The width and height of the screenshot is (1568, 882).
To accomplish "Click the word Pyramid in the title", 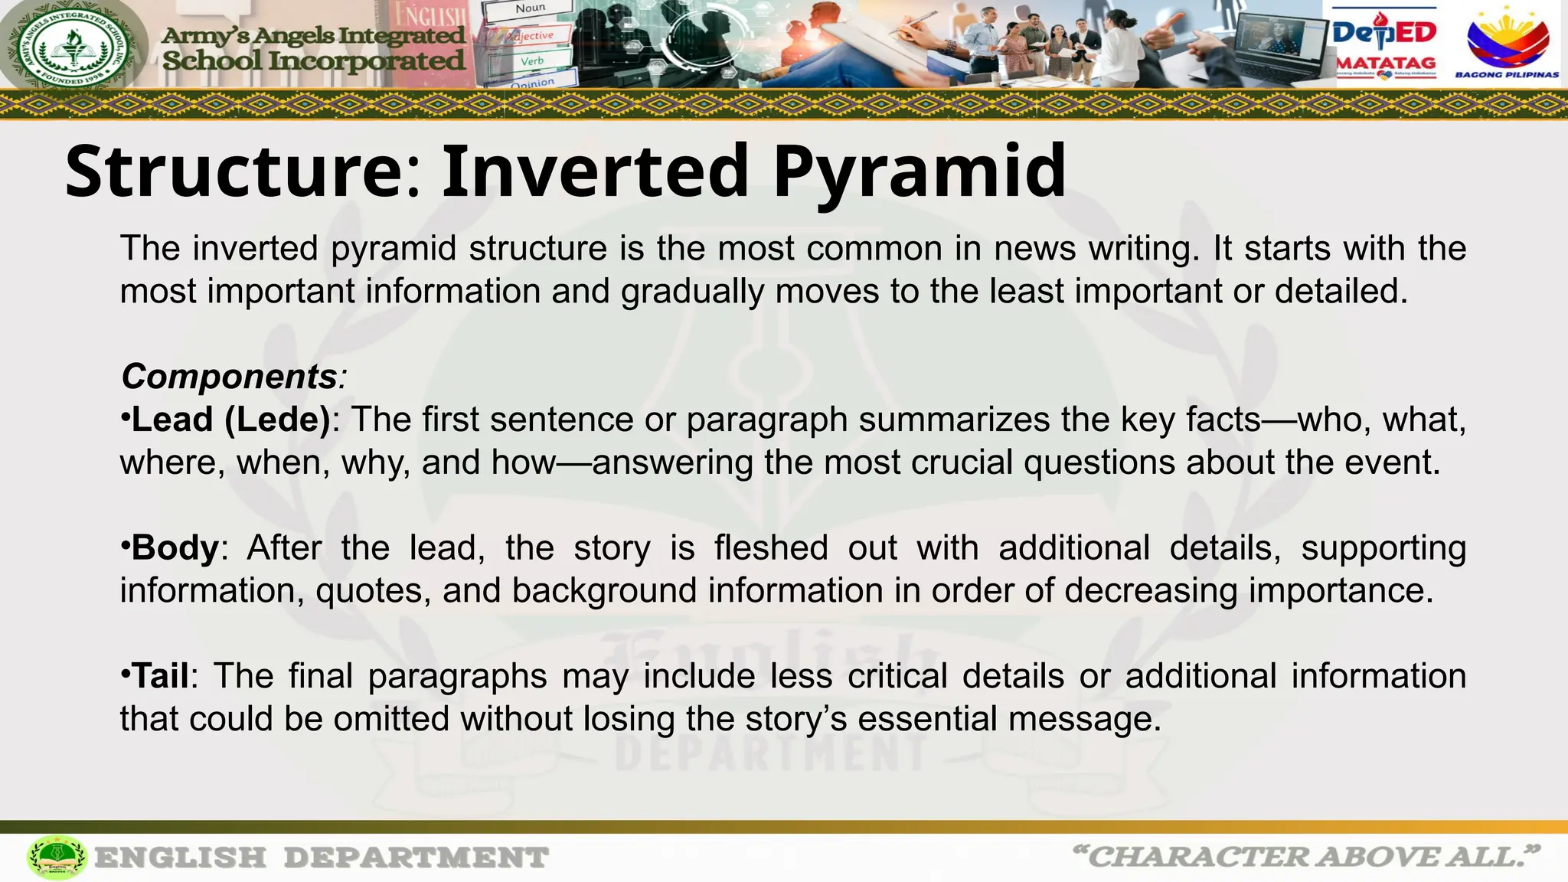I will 919,171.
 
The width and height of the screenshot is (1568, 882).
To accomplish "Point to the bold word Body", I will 175,548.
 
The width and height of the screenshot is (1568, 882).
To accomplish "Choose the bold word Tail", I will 161,676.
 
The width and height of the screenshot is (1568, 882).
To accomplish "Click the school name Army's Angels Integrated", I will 314,35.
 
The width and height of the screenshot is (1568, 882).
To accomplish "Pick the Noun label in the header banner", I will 530,9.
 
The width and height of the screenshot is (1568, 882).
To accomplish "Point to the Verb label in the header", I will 532,60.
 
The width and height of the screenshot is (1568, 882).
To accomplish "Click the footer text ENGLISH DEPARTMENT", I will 322,857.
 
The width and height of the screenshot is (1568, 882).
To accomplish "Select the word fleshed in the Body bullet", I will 771,548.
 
